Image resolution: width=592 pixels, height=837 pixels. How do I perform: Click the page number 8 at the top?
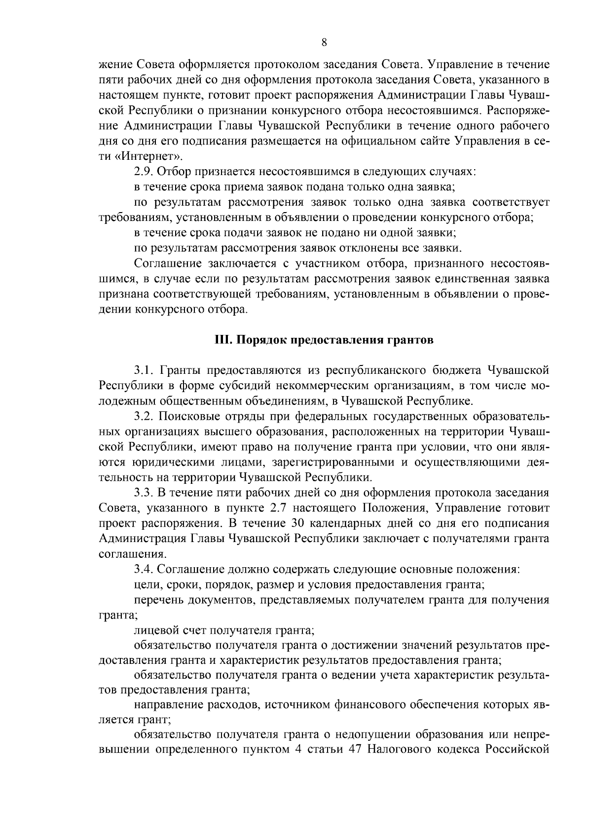coord(324,42)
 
